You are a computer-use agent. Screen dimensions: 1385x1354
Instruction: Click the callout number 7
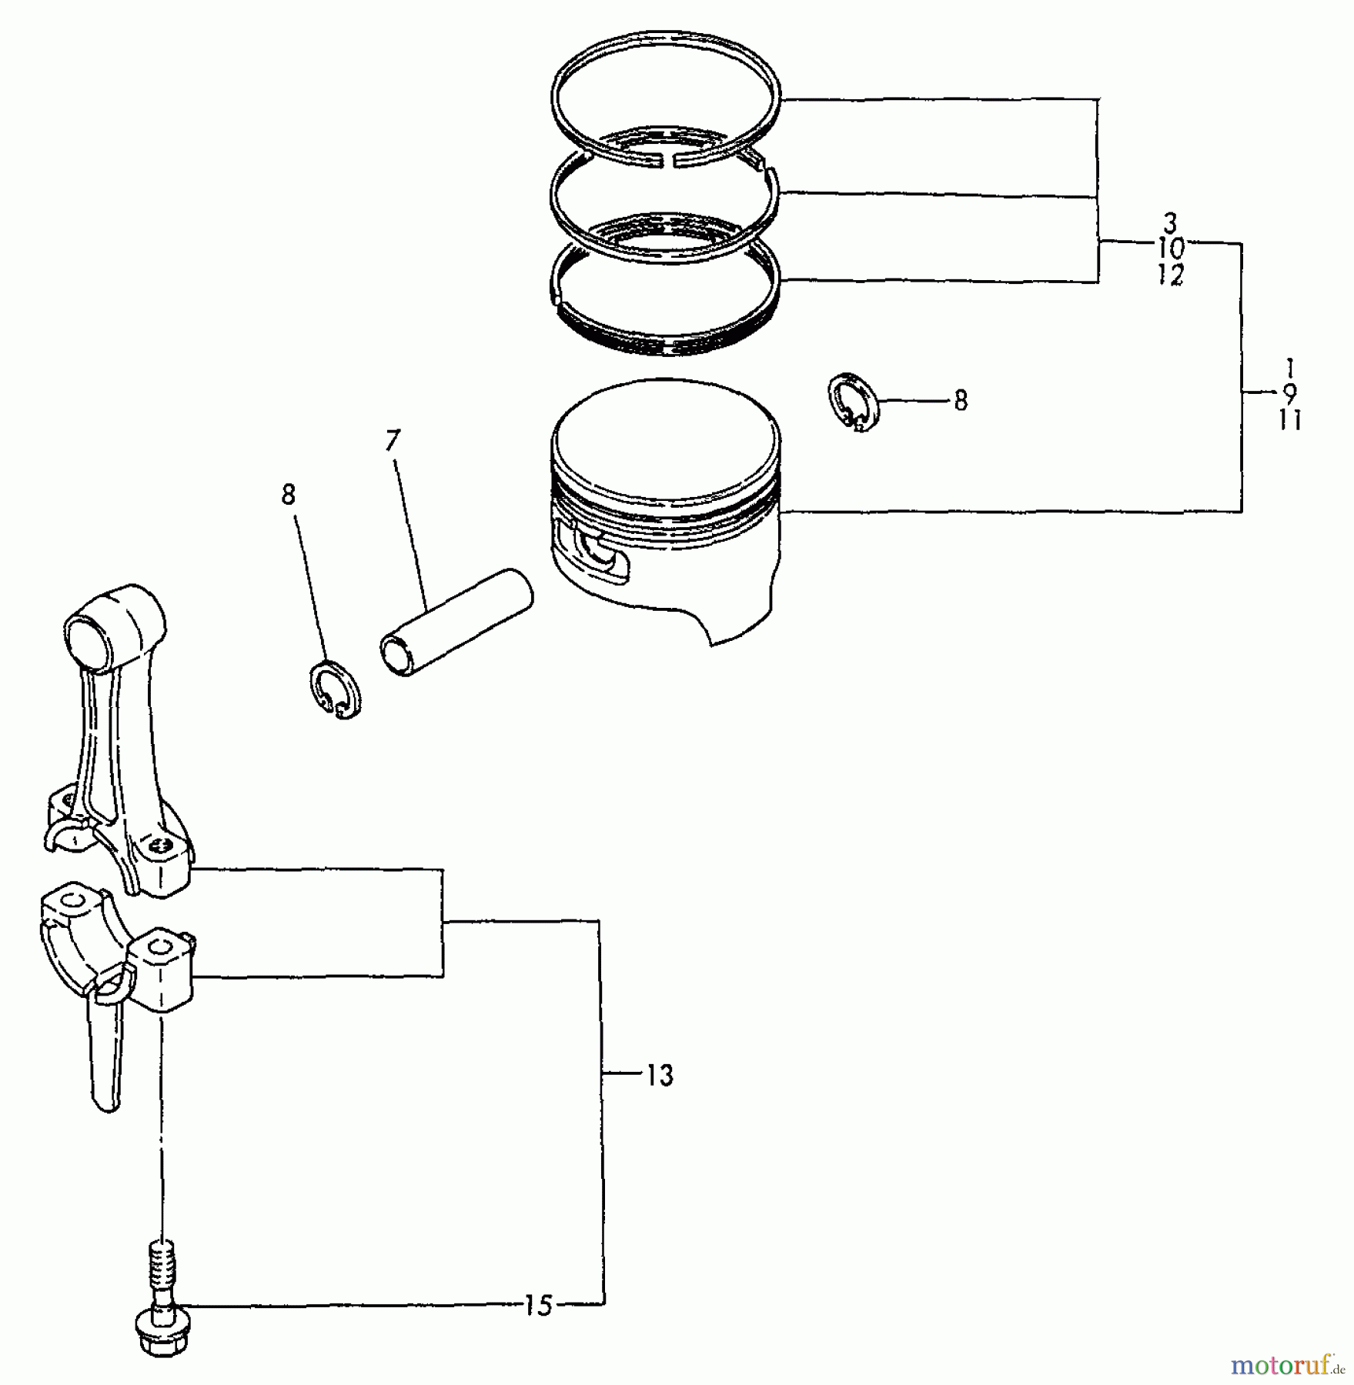(x=393, y=441)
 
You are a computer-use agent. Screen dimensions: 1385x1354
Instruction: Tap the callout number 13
(x=660, y=1076)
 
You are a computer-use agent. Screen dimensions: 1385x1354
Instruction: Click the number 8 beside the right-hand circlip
(x=960, y=401)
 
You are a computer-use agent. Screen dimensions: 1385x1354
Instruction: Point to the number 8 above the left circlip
(x=288, y=495)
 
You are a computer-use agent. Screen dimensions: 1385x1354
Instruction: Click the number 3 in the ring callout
(x=1169, y=224)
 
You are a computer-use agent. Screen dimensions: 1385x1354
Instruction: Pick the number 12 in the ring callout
(x=1169, y=275)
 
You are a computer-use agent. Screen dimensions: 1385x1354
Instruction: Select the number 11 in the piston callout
(x=1289, y=420)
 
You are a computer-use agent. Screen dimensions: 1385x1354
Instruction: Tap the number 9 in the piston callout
(x=1289, y=393)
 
